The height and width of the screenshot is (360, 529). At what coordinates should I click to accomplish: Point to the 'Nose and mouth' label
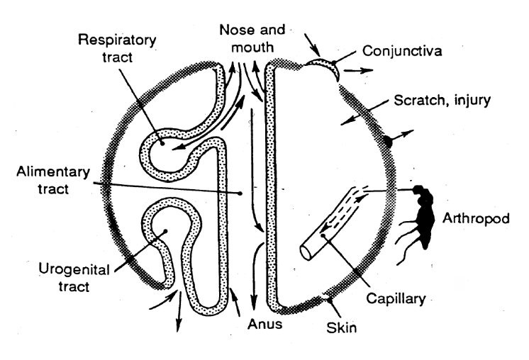click(252, 40)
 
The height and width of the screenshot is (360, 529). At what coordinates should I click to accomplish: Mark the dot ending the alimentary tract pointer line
click(241, 192)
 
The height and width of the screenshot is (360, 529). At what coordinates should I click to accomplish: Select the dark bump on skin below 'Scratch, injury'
click(387, 141)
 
